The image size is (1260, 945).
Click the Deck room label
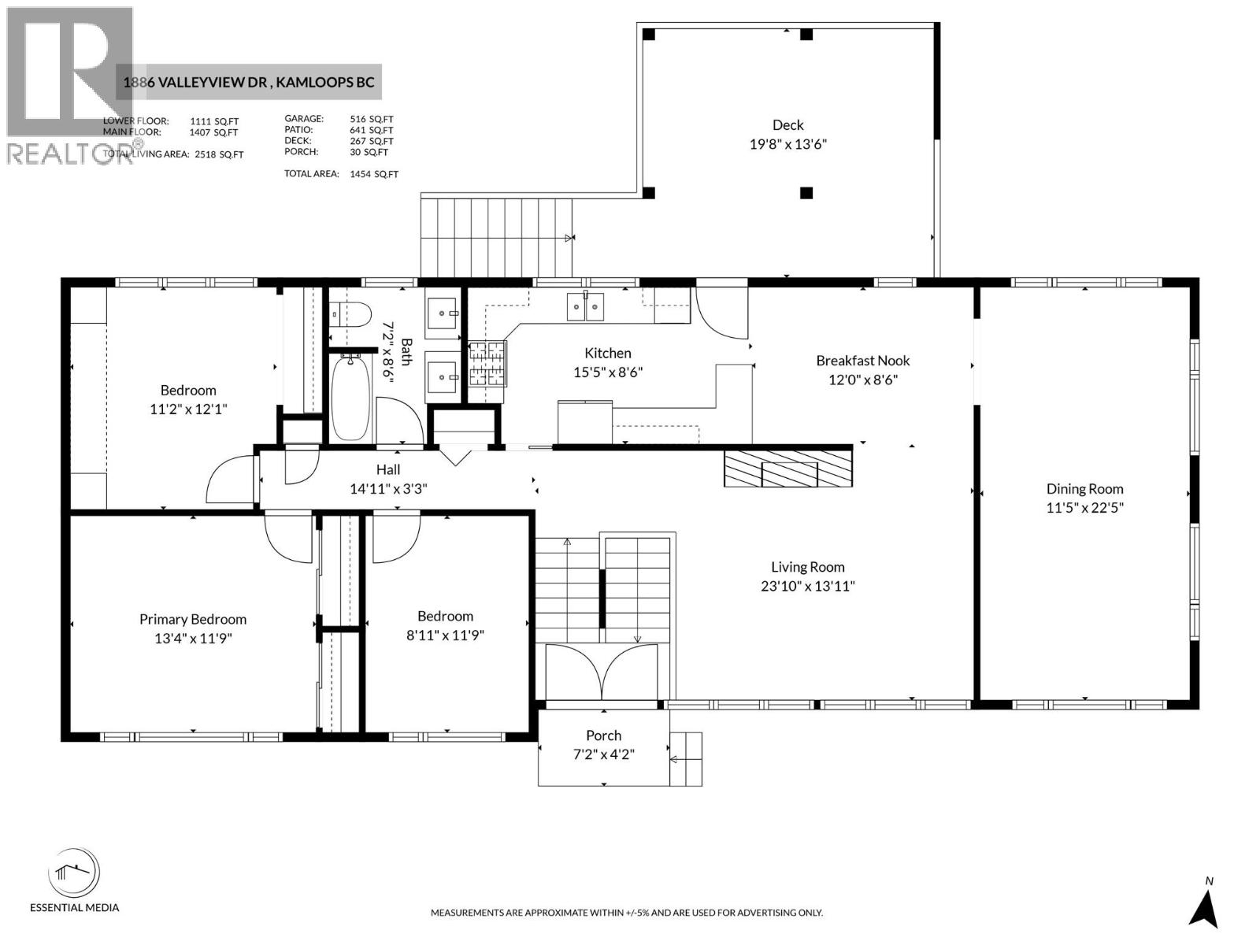787,125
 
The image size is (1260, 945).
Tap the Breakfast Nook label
862,361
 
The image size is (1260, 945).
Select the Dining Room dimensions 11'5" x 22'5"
1084,508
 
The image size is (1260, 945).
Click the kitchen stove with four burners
487,364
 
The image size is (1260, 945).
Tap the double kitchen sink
586,306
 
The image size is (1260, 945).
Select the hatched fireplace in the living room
788,469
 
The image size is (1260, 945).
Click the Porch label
603,736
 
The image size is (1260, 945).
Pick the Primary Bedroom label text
193,620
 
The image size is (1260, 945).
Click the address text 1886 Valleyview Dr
197,83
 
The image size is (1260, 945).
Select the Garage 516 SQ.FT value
371,119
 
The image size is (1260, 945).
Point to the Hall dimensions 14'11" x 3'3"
388,489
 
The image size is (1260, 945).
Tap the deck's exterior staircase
496,236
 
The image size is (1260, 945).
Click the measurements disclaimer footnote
626,913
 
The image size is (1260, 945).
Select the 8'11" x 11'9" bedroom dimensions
445,636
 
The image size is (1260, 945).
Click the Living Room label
807,567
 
